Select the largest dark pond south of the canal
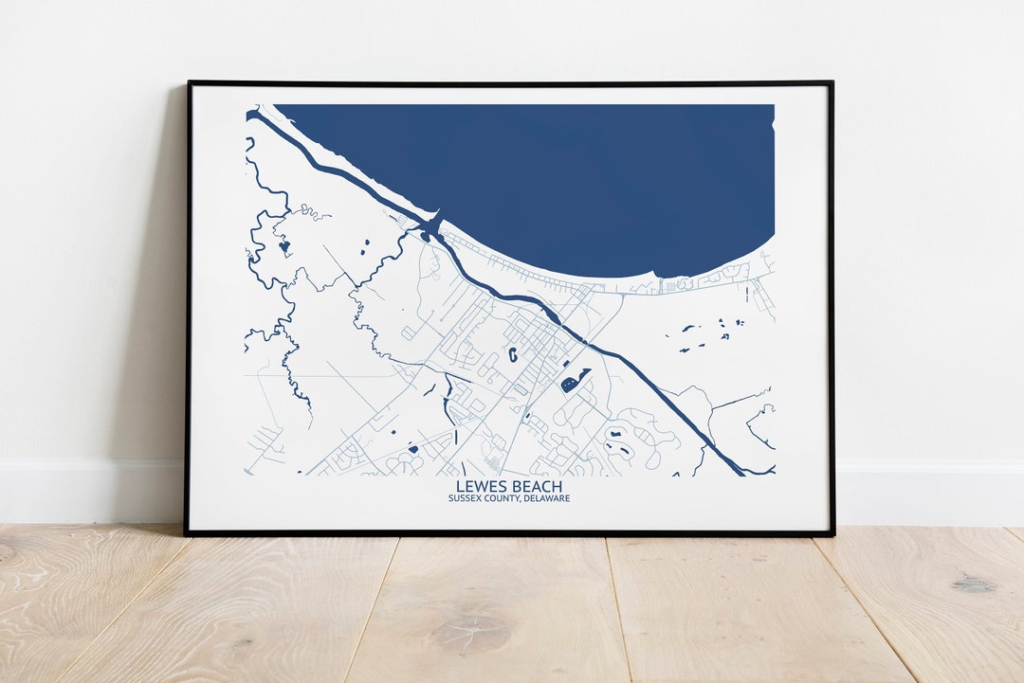tap(575, 381)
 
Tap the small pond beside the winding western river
tap(283, 245)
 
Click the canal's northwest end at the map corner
tap(252, 116)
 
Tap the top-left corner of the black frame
tap(188, 83)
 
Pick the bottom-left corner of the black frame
tap(187, 533)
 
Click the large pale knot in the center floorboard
tap(471, 627)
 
